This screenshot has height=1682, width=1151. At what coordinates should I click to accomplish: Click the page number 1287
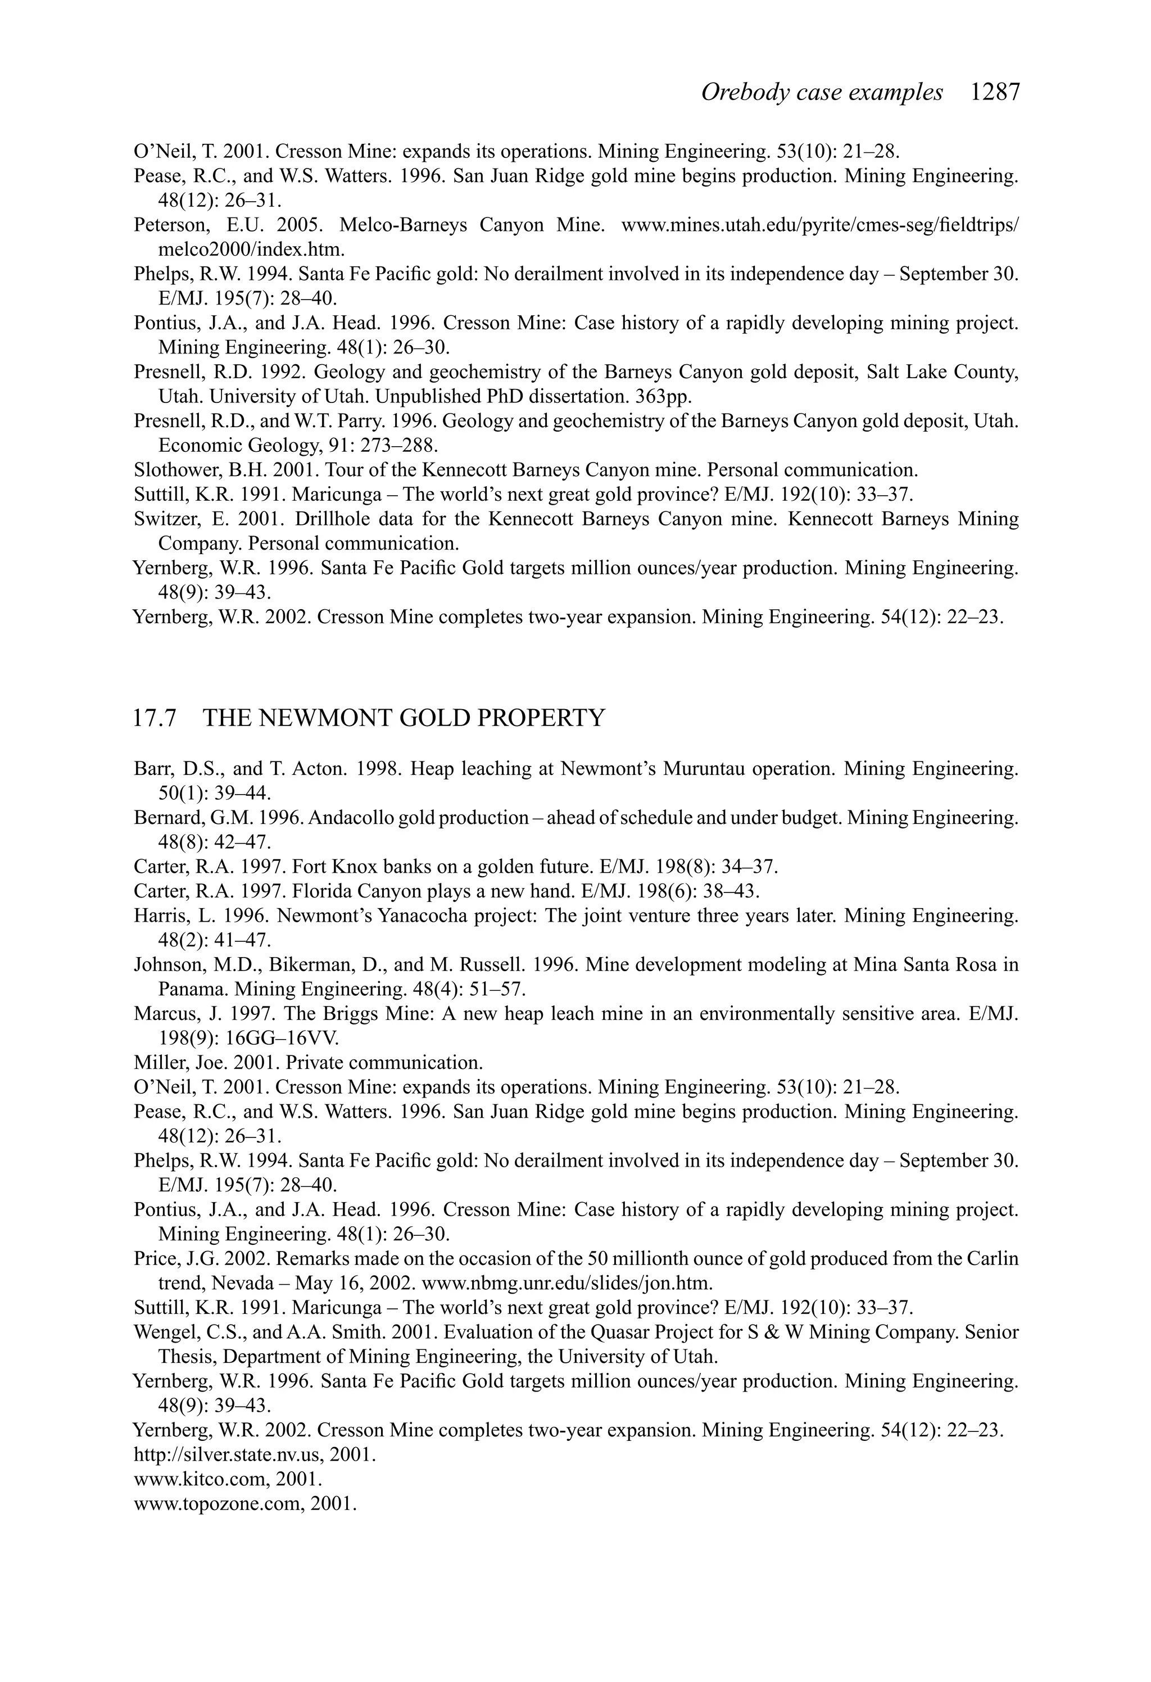[995, 93]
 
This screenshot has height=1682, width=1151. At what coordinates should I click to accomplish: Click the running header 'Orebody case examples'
[822, 93]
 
